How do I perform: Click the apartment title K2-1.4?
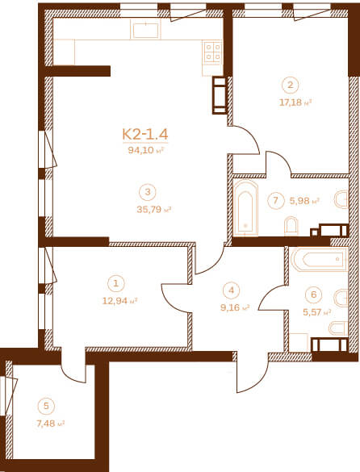[x=145, y=134]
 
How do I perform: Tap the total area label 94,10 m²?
[x=145, y=150]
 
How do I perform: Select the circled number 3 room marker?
[x=148, y=192]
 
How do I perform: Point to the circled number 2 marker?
[x=290, y=85]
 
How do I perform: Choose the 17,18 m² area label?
[x=295, y=102]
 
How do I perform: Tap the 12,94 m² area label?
[x=120, y=301]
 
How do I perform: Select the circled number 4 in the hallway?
[x=231, y=290]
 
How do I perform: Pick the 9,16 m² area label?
[x=235, y=307]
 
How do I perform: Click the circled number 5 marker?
[x=46, y=406]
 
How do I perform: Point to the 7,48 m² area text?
[x=50, y=424]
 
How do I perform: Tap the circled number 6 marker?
[x=314, y=294]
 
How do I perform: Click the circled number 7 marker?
[x=275, y=200]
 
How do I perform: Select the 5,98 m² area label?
[x=304, y=201]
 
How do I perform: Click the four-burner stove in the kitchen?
[x=213, y=52]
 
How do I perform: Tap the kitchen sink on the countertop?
[x=145, y=30]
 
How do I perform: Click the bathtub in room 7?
[x=245, y=207]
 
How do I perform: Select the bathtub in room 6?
[x=320, y=259]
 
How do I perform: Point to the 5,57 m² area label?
[x=317, y=312]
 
